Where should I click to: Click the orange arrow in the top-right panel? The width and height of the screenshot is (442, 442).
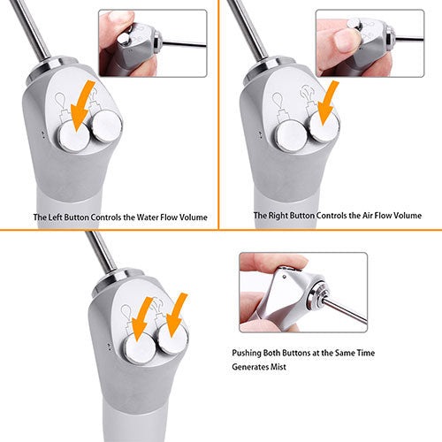click(x=327, y=103)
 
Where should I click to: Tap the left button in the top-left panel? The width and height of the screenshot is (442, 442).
click(x=72, y=136)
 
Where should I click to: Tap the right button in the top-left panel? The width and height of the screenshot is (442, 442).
click(x=105, y=126)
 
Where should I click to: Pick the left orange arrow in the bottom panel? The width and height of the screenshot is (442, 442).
click(x=141, y=319)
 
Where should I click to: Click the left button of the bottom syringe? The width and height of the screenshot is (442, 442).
click(x=139, y=349)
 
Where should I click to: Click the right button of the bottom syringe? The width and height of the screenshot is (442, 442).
click(x=172, y=339)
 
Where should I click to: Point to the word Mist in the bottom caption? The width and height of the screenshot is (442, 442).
click(x=278, y=367)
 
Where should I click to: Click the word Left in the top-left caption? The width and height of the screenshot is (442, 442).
click(x=55, y=217)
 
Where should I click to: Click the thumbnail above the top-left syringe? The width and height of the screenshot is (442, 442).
click(x=153, y=43)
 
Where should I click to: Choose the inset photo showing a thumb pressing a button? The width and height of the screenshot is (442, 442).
click(x=370, y=43)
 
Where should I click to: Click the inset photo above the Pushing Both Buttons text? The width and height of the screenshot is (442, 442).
click(x=303, y=293)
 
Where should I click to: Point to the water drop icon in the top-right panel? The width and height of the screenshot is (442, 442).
click(x=278, y=100)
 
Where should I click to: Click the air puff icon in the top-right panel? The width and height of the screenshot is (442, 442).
click(x=307, y=93)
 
